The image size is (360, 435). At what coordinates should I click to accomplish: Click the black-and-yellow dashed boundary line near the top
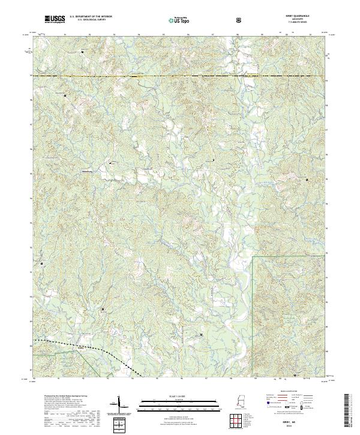click(x=180, y=76)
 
